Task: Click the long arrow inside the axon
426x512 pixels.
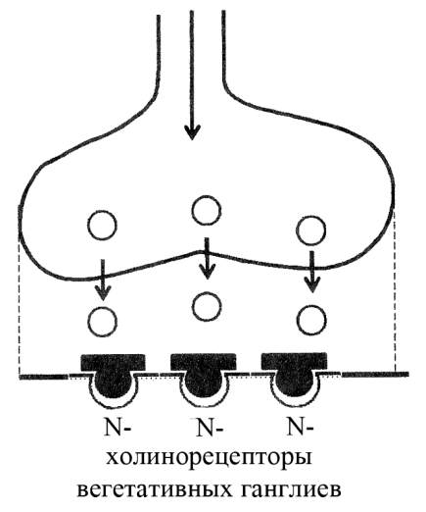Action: [192, 76]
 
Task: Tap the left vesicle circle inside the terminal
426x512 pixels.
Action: [102, 226]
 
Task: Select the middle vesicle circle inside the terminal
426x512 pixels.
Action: [207, 210]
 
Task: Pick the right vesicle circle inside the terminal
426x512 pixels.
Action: [310, 230]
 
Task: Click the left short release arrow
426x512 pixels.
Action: [103, 280]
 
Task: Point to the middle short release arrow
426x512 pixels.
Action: [208, 258]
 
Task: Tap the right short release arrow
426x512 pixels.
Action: [312, 272]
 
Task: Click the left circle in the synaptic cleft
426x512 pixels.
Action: [102, 322]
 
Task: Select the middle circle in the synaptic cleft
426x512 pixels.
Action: [207, 307]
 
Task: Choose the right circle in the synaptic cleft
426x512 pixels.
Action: [311, 320]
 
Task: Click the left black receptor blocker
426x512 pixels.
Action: [114, 374]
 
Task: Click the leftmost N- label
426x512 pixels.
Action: [118, 428]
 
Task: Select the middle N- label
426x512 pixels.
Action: [210, 428]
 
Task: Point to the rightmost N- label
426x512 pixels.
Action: [300, 427]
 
